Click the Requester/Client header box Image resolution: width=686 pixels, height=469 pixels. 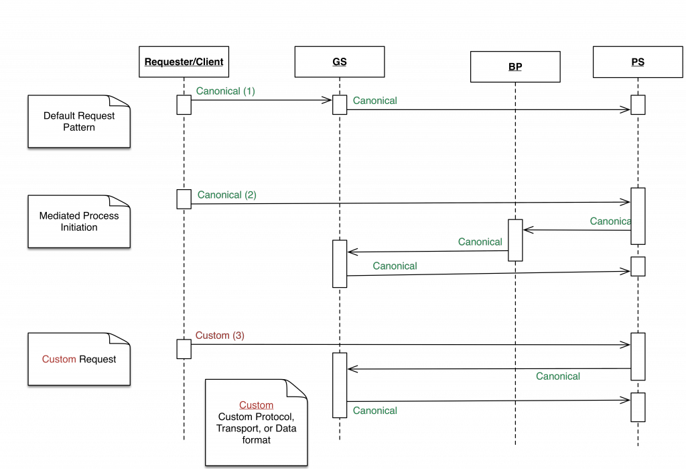click(x=184, y=62)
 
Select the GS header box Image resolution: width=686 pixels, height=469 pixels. click(x=339, y=62)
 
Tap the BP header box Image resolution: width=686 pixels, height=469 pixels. click(x=514, y=67)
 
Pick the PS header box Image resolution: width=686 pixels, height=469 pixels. click(x=637, y=62)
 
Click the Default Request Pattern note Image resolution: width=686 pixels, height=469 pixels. click(x=78, y=121)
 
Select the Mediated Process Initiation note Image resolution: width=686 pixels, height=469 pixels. click(x=78, y=221)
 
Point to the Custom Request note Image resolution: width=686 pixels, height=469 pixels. click(x=78, y=359)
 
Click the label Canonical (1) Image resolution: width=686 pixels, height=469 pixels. click(x=225, y=91)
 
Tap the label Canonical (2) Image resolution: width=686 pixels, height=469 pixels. click(x=226, y=195)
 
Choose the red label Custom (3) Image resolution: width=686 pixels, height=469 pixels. click(x=220, y=335)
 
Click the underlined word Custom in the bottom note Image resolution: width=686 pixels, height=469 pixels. click(x=256, y=405)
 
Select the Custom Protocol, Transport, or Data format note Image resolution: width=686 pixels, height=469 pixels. click(x=256, y=423)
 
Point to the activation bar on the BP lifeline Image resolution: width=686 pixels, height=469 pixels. click(x=514, y=240)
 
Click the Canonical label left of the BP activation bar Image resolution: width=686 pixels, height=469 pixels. click(x=480, y=242)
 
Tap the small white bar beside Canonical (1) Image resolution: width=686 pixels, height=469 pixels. click(x=184, y=105)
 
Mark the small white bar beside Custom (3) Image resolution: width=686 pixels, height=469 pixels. click(x=184, y=349)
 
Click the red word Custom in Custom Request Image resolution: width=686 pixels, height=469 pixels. click(x=59, y=359)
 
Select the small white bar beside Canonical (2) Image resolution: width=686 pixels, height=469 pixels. click(x=184, y=199)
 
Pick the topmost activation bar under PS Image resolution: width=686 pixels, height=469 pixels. click(x=637, y=105)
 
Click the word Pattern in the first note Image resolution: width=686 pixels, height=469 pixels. click(x=79, y=127)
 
